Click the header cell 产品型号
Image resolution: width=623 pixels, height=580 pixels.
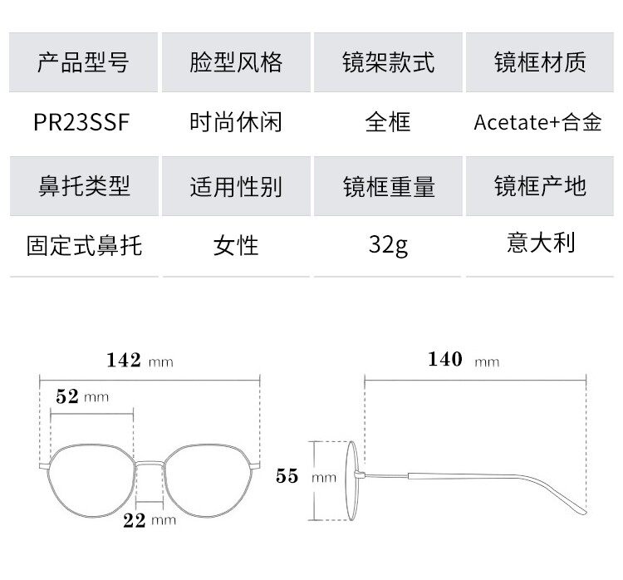(x=83, y=62)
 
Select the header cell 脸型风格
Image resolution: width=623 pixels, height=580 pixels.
(x=236, y=62)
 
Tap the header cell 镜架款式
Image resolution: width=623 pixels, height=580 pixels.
(x=388, y=62)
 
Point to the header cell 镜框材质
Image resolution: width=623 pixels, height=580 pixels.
(x=540, y=62)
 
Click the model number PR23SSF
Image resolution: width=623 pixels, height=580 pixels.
(x=82, y=122)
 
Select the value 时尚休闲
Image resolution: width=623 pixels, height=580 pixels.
(x=236, y=122)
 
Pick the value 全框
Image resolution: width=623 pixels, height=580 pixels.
(x=388, y=122)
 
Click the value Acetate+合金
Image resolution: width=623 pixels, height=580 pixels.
(x=537, y=122)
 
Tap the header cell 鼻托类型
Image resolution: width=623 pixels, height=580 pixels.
(x=83, y=185)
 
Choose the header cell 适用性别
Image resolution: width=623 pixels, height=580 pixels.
(x=236, y=185)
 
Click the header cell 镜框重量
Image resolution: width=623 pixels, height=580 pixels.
(x=388, y=185)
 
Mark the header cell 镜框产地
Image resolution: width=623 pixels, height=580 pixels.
(x=540, y=185)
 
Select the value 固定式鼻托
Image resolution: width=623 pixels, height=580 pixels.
(x=84, y=245)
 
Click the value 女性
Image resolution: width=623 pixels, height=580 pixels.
(x=236, y=245)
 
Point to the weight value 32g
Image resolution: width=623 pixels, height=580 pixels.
(x=388, y=245)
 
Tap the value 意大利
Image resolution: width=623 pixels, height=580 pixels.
(x=540, y=243)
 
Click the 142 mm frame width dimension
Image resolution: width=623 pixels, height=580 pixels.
(x=140, y=361)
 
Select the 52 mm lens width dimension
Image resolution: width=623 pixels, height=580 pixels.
(x=81, y=396)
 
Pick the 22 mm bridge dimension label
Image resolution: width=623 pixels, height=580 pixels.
(x=150, y=520)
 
